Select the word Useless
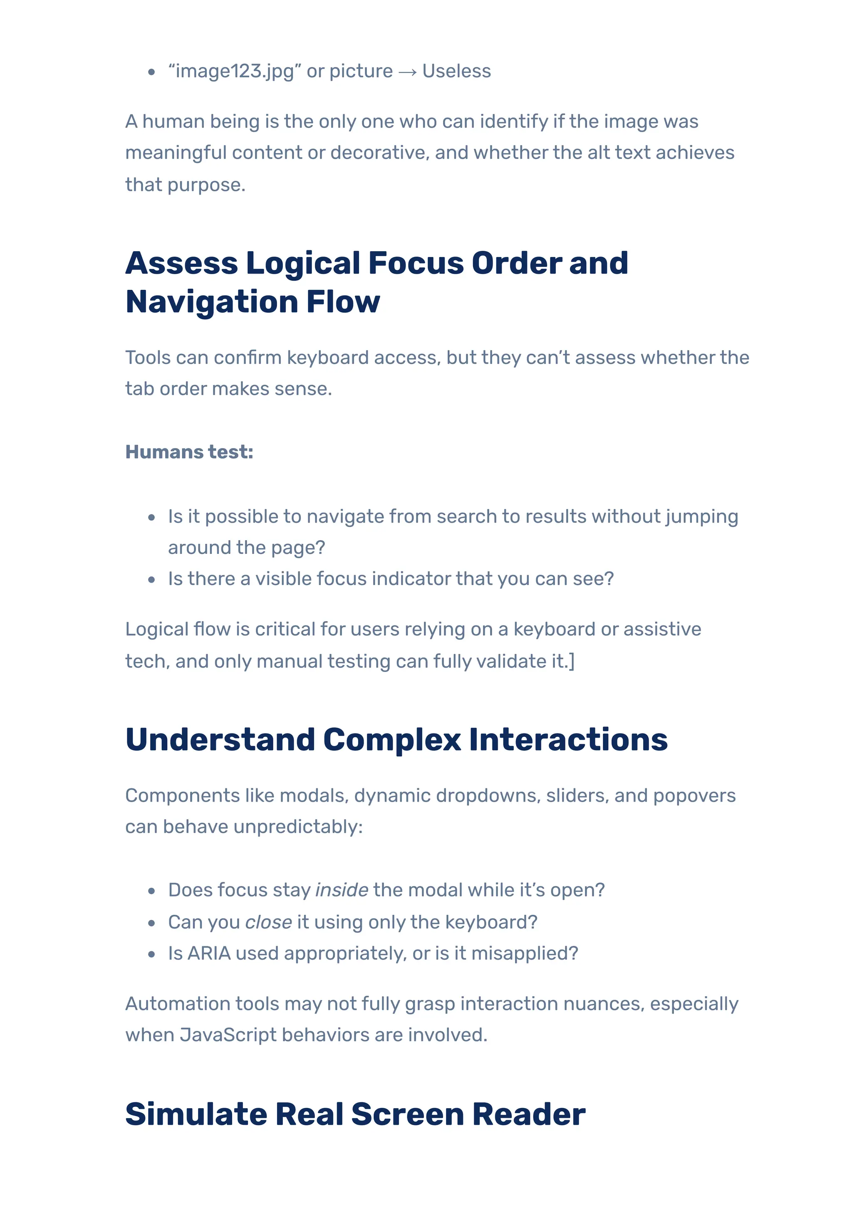[x=456, y=72]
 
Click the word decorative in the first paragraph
[x=374, y=153]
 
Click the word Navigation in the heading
[x=212, y=302]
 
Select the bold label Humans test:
[x=189, y=452]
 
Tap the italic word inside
[x=341, y=890]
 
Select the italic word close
[x=268, y=922]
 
